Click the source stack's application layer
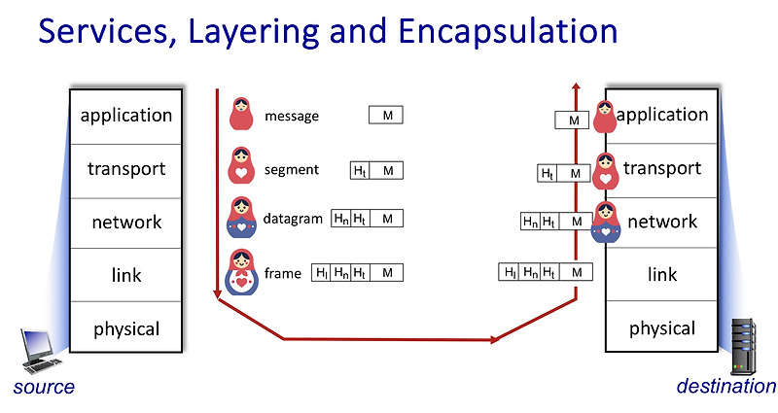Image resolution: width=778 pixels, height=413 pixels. tap(125, 116)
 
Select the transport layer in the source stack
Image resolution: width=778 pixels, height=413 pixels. tap(125, 169)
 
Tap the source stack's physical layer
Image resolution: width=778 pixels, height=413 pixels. tap(125, 329)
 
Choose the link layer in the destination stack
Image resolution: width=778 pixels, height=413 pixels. tap(661, 275)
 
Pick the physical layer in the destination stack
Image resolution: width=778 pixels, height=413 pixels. tap(661, 328)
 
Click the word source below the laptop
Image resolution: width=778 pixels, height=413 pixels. tap(44, 388)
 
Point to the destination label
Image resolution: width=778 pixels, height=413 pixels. tap(725, 387)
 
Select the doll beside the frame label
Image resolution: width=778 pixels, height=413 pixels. tap(241, 273)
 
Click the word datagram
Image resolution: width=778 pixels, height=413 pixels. tap(293, 219)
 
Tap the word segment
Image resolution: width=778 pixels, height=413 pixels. tap(291, 169)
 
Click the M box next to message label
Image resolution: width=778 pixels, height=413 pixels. tap(386, 116)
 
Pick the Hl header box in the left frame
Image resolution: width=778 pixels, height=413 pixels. tap(321, 273)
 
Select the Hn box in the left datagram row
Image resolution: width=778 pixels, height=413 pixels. tap(341, 219)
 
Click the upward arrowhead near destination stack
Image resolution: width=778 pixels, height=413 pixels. tap(577, 87)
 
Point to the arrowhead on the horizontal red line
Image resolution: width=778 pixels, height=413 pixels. tap(497, 339)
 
